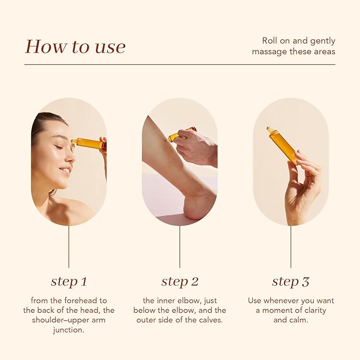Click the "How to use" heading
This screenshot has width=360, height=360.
tap(75, 47)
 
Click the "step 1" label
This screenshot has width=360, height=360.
tap(69, 282)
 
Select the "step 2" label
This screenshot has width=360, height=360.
tap(180, 282)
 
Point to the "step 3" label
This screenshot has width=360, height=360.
tap(291, 282)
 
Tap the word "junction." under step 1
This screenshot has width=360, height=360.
tap(69, 330)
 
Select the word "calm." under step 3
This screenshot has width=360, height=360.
tap(298, 320)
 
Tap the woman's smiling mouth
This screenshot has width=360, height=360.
tap(65, 170)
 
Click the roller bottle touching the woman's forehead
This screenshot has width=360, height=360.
tap(89, 143)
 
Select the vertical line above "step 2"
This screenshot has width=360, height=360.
tap(180, 247)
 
